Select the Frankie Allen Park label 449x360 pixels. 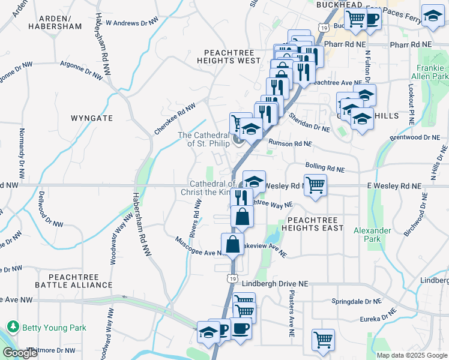coord(430,73)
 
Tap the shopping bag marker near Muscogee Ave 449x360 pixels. coord(232,244)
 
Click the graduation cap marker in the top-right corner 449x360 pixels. coord(432,16)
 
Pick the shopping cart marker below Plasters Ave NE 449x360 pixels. coord(323,339)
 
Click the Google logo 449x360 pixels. coord(19,353)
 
